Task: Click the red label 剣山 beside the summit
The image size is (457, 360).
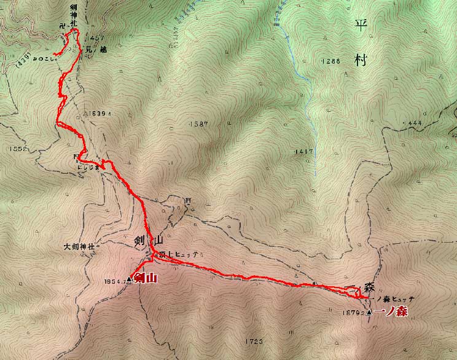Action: [x=146, y=279]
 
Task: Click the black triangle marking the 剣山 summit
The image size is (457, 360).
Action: [x=130, y=281]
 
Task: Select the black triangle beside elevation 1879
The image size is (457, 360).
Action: [x=369, y=313]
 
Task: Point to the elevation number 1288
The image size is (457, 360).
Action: [x=330, y=61]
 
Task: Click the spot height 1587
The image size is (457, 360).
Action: [x=201, y=123]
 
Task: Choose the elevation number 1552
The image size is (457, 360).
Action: [x=19, y=149]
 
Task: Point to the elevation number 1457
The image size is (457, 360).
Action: [x=96, y=38]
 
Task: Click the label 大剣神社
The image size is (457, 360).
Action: [x=80, y=246]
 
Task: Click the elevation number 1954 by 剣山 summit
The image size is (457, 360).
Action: [x=115, y=281]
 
